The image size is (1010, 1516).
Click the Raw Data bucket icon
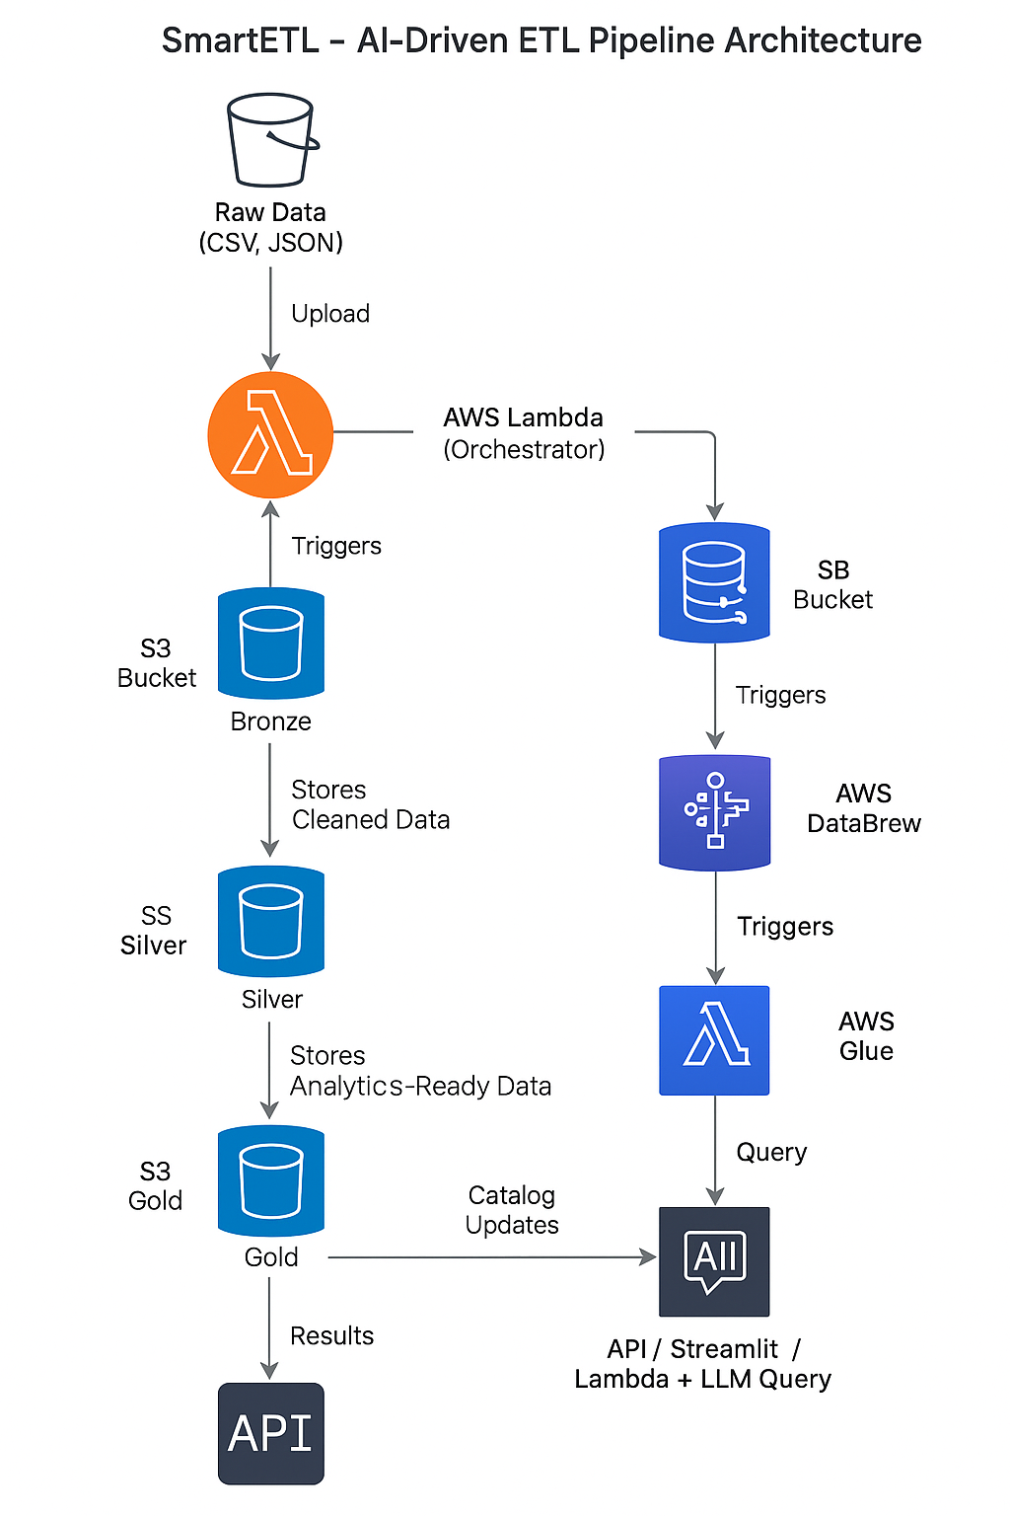click(271, 139)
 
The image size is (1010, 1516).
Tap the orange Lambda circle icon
click(270, 434)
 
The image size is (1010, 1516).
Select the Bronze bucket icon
click(271, 644)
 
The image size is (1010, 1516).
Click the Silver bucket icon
click(271, 922)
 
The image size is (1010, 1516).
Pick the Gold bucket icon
click(271, 1180)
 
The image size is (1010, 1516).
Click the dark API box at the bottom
click(271, 1433)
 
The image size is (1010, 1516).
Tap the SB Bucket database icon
click(714, 582)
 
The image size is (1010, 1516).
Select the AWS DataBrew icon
click(714, 812)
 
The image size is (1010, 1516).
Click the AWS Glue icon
click(714, 1040)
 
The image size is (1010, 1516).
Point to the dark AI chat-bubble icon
click(714, 1261)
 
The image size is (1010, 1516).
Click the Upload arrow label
click(330, 314)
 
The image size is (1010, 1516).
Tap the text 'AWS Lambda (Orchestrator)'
click(524, 433)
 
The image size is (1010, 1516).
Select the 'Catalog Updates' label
click(512, 1210)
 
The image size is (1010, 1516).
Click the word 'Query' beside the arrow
click(771, 1152)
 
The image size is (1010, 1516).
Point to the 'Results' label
click(331, 1335)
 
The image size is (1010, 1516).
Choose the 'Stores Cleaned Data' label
click(370, 804)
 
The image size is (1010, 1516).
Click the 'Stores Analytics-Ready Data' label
click(420, 1071)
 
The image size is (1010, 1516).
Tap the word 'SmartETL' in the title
click(240, 40)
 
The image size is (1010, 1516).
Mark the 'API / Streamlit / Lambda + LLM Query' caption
click(703, 1364)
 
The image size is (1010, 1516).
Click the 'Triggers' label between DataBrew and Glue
click(785, 926)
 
